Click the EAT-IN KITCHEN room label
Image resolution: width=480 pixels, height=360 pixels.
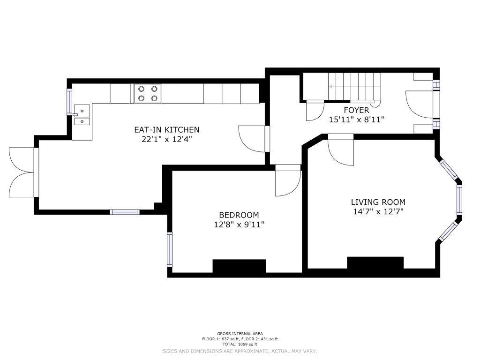coord(167,130)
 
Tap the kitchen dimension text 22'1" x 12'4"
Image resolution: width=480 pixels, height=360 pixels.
coord(167,139)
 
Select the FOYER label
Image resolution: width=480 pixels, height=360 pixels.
coord(357,110)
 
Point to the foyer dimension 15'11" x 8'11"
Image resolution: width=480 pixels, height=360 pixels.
coord(357,120)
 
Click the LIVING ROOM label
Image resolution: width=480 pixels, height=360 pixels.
coord(378,202)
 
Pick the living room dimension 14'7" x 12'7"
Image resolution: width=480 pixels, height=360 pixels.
coord(378,211)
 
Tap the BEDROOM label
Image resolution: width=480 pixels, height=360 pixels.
coord(239,215)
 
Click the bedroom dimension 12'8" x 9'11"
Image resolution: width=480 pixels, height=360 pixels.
coord(239,225)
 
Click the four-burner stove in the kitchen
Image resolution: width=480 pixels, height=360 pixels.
coord(148,94)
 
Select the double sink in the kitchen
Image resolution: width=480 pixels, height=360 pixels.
coord(82,115)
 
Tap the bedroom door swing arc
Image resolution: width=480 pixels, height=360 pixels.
coord(288,183)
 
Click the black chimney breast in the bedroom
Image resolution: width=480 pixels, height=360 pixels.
coord(239,266)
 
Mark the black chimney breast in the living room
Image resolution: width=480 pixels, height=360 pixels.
coord(375,263)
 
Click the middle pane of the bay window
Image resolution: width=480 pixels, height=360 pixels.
coord(459,199)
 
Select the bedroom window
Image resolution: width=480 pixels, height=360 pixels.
coord(170,249)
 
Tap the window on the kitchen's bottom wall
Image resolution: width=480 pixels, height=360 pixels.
coord(125,212)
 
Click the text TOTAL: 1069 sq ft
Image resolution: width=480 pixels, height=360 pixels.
coord(240,344)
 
